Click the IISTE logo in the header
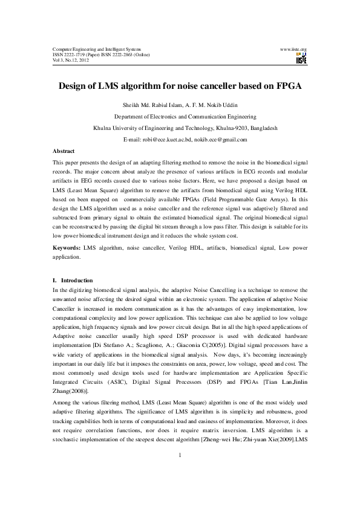[x=301, y=59]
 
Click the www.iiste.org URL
[x=293, y=48]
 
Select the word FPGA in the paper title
[x=286, y=86]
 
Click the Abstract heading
[x=64, y=151]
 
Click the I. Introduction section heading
[x=73, y=280]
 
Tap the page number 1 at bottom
[x=180, y=472]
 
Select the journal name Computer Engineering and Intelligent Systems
[x=96, y=48]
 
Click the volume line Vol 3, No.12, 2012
[x=71, y=60]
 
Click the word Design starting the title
[x=74, y=86]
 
